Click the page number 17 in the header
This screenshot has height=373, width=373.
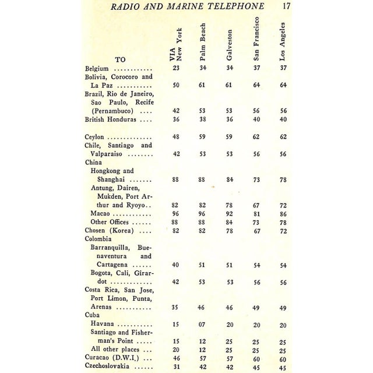[285, 7]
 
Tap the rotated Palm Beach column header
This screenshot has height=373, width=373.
[203, 44]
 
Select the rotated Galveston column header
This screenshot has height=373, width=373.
[230, 44]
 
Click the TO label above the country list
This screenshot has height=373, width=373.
[120, 59]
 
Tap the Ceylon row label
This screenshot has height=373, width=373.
[95, 136]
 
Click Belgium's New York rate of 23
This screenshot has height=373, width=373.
[175, 68]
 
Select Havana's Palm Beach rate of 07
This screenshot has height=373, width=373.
[202, 324]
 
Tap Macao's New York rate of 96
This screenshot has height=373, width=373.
[175, 214]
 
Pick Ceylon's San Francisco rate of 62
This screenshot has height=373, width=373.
[256, 136]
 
